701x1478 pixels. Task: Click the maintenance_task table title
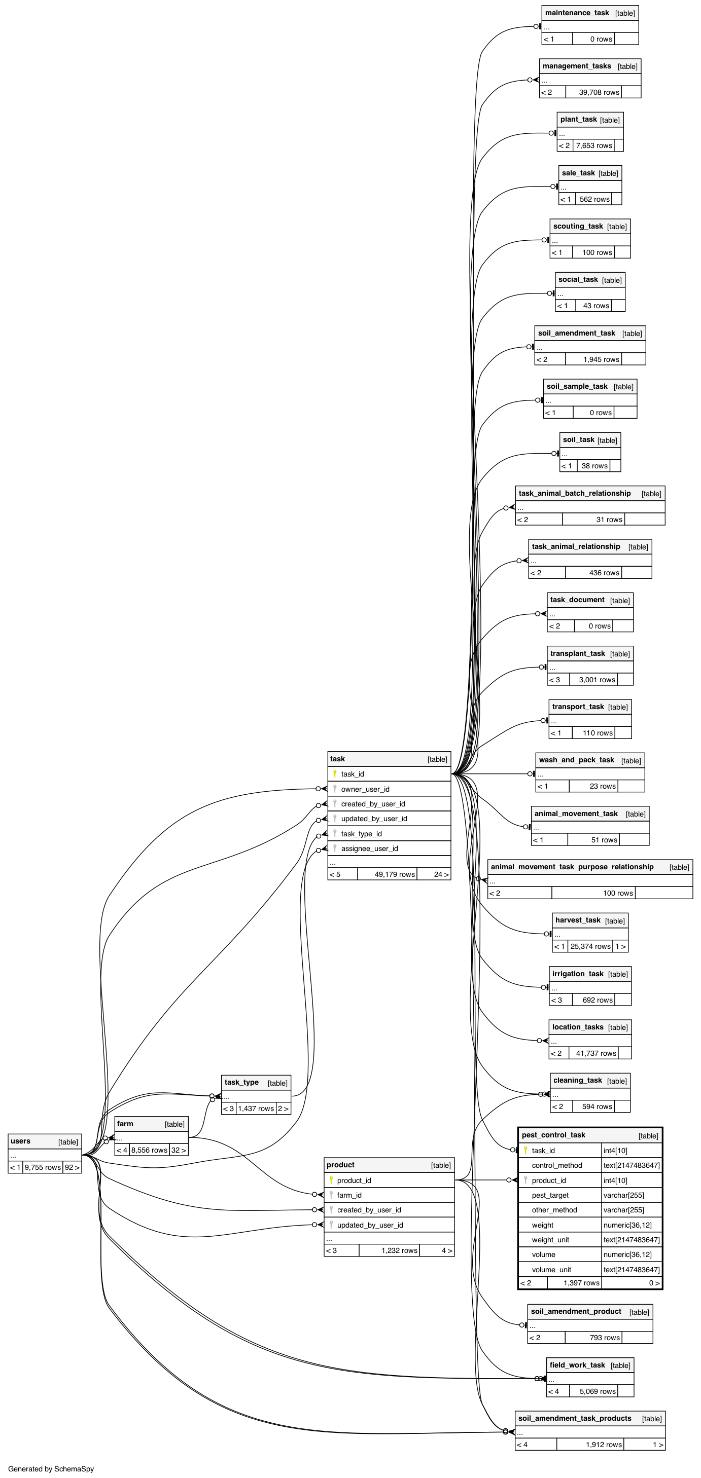click(x=577, y=13)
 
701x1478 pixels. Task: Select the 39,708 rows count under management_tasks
click(x=599, y=92)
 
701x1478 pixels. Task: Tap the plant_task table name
click(x=578, y=119)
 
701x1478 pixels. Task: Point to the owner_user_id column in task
click(x=365, y=789)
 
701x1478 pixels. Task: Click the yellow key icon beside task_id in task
click(x=334, y=773)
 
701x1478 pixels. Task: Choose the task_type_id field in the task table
click(x=361, y=834)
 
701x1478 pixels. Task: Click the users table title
click(x=21, y=1141)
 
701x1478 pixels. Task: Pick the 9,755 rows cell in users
click(x=43, y=1167)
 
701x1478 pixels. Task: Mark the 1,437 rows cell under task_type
click(x=256, y=1108)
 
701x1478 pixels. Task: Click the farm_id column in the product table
click(x=349, y=1195)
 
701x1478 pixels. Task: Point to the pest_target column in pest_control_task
click(x=550, y=1195)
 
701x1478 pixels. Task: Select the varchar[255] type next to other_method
click(x=623, y=1209)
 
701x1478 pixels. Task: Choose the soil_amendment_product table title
click(x=576, y=1312)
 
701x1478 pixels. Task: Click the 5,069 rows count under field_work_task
click(x=597, y=1391)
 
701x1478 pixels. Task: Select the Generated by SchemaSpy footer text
click(x=51, y=1469)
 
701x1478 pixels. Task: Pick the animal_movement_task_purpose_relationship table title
click(x=572, y=867)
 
